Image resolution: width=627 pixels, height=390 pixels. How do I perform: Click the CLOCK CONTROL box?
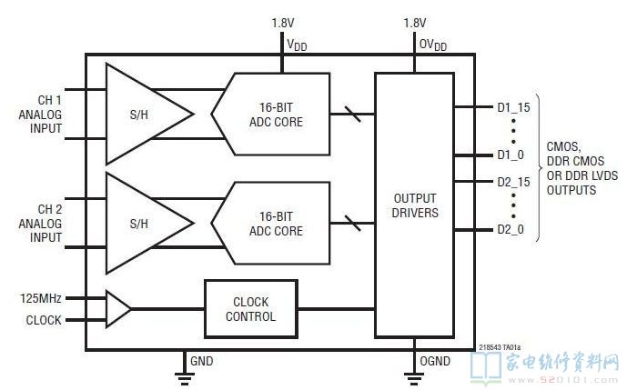(251, 308)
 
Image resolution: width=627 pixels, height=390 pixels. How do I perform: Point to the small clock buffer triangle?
(117, 308)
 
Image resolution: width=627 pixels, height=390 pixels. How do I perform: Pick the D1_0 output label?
(511, 155)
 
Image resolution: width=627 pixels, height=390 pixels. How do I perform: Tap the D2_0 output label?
(511, 229)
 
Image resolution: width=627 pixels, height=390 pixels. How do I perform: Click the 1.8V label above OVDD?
(416, 22)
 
